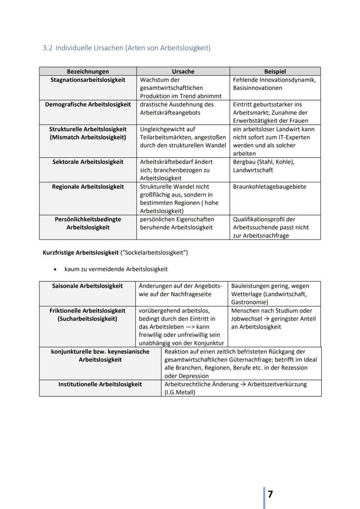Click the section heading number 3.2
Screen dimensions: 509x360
[47, 48]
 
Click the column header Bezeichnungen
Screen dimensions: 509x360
[88, 71]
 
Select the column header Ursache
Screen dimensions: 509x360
[183, 71]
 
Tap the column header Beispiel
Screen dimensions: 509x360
[275, 71]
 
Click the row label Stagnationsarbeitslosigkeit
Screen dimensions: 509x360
[88, 80]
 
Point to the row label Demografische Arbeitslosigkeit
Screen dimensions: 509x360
[88, 104]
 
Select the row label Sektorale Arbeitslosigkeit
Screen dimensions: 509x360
[88, 162]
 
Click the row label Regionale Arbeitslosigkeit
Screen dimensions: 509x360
[88, 186]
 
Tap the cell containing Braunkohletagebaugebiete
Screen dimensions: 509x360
[269, 186]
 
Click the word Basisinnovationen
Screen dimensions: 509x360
[257, 88]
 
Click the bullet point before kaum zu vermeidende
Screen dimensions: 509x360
[54, 269]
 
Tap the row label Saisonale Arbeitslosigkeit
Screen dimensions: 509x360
[87, 286]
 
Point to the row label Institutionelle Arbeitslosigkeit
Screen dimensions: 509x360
[100, 384]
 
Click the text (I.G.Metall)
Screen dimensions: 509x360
[180, 393]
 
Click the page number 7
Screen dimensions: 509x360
[270, 494]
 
